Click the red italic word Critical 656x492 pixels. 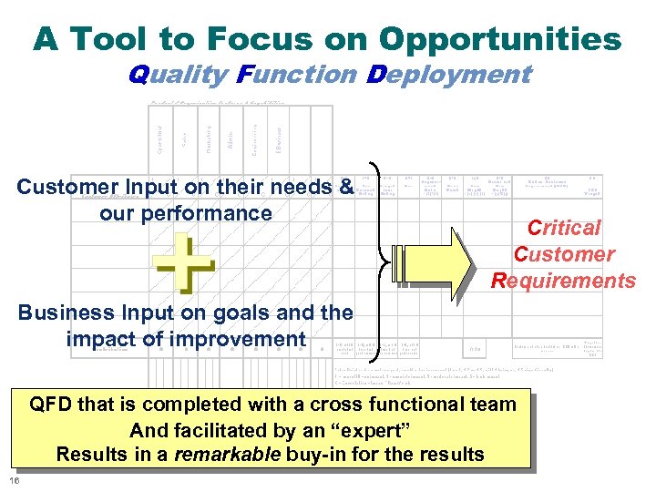[566, 228]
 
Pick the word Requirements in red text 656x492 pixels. [563, 281]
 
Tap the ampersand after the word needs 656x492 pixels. [344, 187]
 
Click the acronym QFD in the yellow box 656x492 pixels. [53, 405]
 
